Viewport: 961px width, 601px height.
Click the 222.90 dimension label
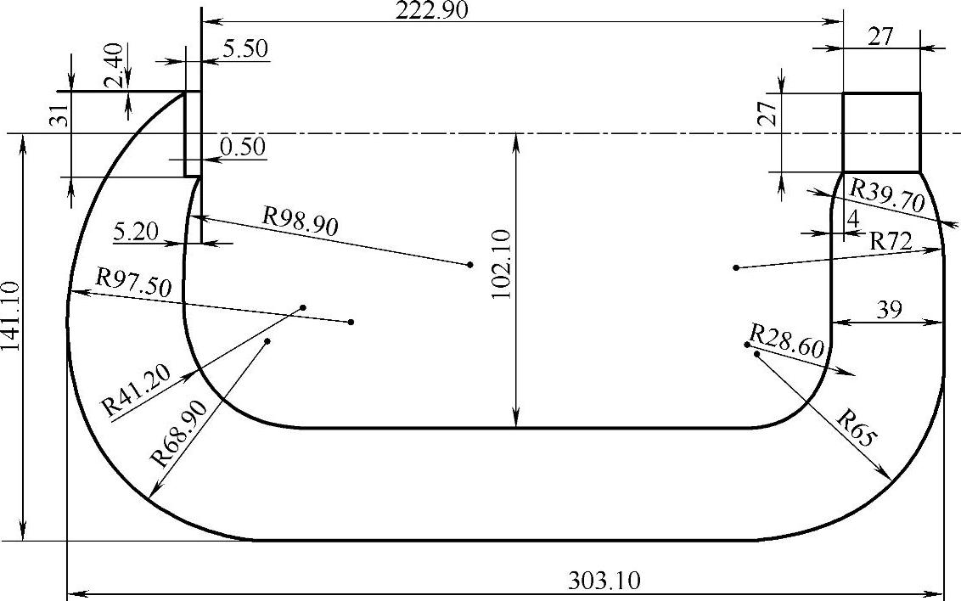click(x=431, y=10)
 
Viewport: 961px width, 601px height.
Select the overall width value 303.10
click(x=604, y=580)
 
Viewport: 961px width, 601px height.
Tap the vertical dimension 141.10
click(x=11, y=317)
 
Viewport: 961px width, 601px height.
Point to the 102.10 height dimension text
click(x=502, y=264)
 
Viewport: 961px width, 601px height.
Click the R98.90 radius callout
click(x=301, y=222)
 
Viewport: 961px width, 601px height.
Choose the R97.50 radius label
click(x=133, y=283)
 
